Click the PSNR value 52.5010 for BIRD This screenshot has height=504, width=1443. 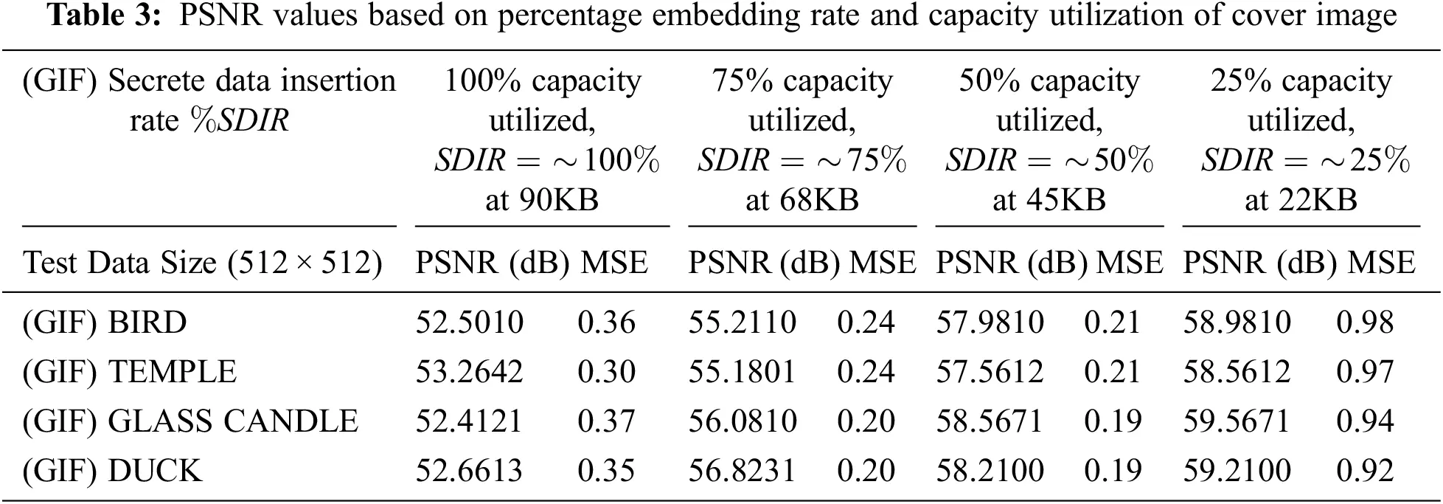coord(469,322)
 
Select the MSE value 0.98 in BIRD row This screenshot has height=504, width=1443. coord(1365,322)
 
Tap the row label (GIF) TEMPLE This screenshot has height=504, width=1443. coord(129,371)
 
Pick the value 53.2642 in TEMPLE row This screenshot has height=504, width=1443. coord(469,371)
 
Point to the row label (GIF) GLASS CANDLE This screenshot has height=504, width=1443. coord(190,421)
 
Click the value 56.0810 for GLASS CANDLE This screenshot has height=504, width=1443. coord(743,421)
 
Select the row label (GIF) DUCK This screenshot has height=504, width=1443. coord(111,470)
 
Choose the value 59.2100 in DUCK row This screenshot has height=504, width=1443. coord(1237,470)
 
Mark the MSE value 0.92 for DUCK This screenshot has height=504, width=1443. coord(1365,470)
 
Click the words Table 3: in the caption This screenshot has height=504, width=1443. coord(105,15)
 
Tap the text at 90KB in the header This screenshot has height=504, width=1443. coord(541,200)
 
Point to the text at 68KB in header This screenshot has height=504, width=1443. coord(802,200)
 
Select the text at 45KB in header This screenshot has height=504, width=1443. coord(1049,200)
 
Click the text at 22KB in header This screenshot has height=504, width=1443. coord(1301,200)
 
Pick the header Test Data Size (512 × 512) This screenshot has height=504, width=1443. coord(203,263)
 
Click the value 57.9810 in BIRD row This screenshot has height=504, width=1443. coord(990,322)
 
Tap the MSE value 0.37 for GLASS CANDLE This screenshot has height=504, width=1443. coord(606,421)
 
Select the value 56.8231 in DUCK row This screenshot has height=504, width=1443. coord(743,470)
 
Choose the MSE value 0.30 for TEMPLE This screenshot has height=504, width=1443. coord(606,371)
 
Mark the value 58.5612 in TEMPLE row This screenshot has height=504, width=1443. coord(1237,371)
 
